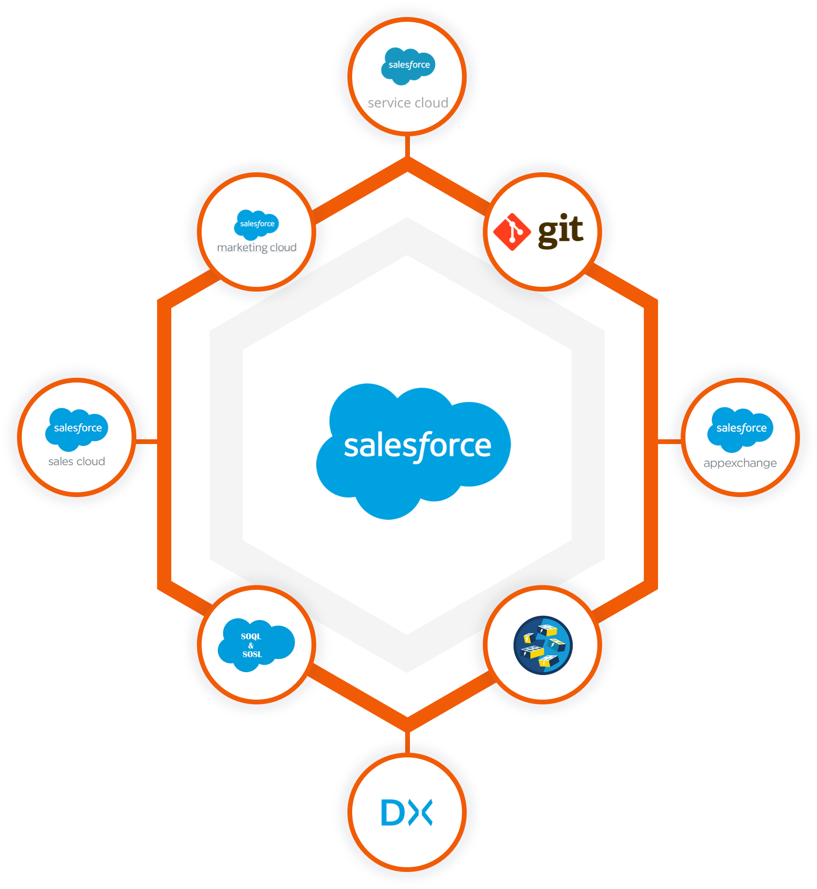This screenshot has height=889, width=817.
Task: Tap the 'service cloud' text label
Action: pyautogui.click(x=408, y=103)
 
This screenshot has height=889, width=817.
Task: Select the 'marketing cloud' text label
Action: pyautogui.click(x=257, y=248)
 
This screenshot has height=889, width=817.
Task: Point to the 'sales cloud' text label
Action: pyautogui.click(x=77, y=462)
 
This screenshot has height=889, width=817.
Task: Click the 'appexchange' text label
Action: pyautogui.click(x=740, y=463)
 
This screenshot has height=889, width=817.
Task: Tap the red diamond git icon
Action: pyautogui.click(x=512, y=231)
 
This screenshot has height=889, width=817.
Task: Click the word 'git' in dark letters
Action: pyautogui.click(x=560, y=231)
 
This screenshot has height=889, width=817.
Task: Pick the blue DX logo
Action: pyautogui.click(x=407, y=813)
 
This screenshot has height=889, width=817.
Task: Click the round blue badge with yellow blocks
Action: pyautogui.click(x=543, y=645)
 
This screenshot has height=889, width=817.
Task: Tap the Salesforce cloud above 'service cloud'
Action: pyautogui.click(x=408, y=65)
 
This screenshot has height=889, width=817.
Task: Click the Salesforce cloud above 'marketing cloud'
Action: pyautogui.click(x=257, y=224)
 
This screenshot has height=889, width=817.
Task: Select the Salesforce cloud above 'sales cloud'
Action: pyautogui.click(x=77, y=428)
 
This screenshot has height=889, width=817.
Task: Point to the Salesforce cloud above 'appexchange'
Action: pyautogui.click(x=740, y=428)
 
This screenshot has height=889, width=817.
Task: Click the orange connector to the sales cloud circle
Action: pyautogui.click(x=147, y=442)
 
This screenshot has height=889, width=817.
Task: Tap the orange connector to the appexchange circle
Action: pyautogui.click(x=669, y=442)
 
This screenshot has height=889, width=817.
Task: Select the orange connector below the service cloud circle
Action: pyautogui.click(x=407, y=147)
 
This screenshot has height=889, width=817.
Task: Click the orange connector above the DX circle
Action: pyautogui.click(x=407, y=741)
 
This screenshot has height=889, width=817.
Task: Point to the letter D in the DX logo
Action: pyautogui.click(x=392, y=813)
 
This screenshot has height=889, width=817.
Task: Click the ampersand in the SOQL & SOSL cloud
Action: pyautogui.click(x=251, y=645)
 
